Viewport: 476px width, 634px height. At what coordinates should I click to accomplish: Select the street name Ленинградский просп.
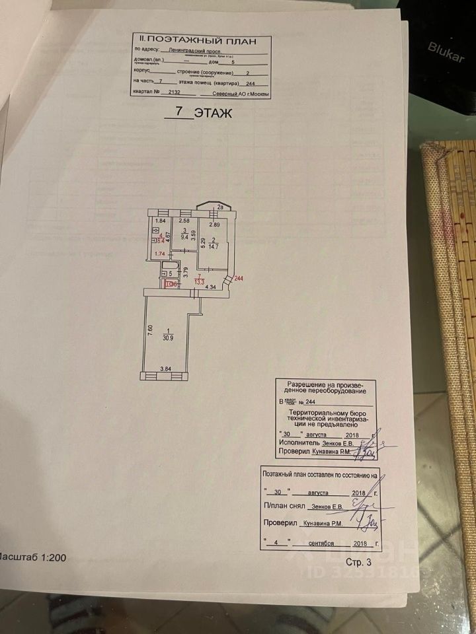[x=192, y=50]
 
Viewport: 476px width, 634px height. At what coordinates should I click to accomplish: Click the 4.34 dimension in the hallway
[x=211, y=287]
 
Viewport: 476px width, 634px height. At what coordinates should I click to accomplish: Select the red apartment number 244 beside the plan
[x=239, y=278]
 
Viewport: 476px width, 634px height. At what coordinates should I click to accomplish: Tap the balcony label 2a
[x=219, y=208]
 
